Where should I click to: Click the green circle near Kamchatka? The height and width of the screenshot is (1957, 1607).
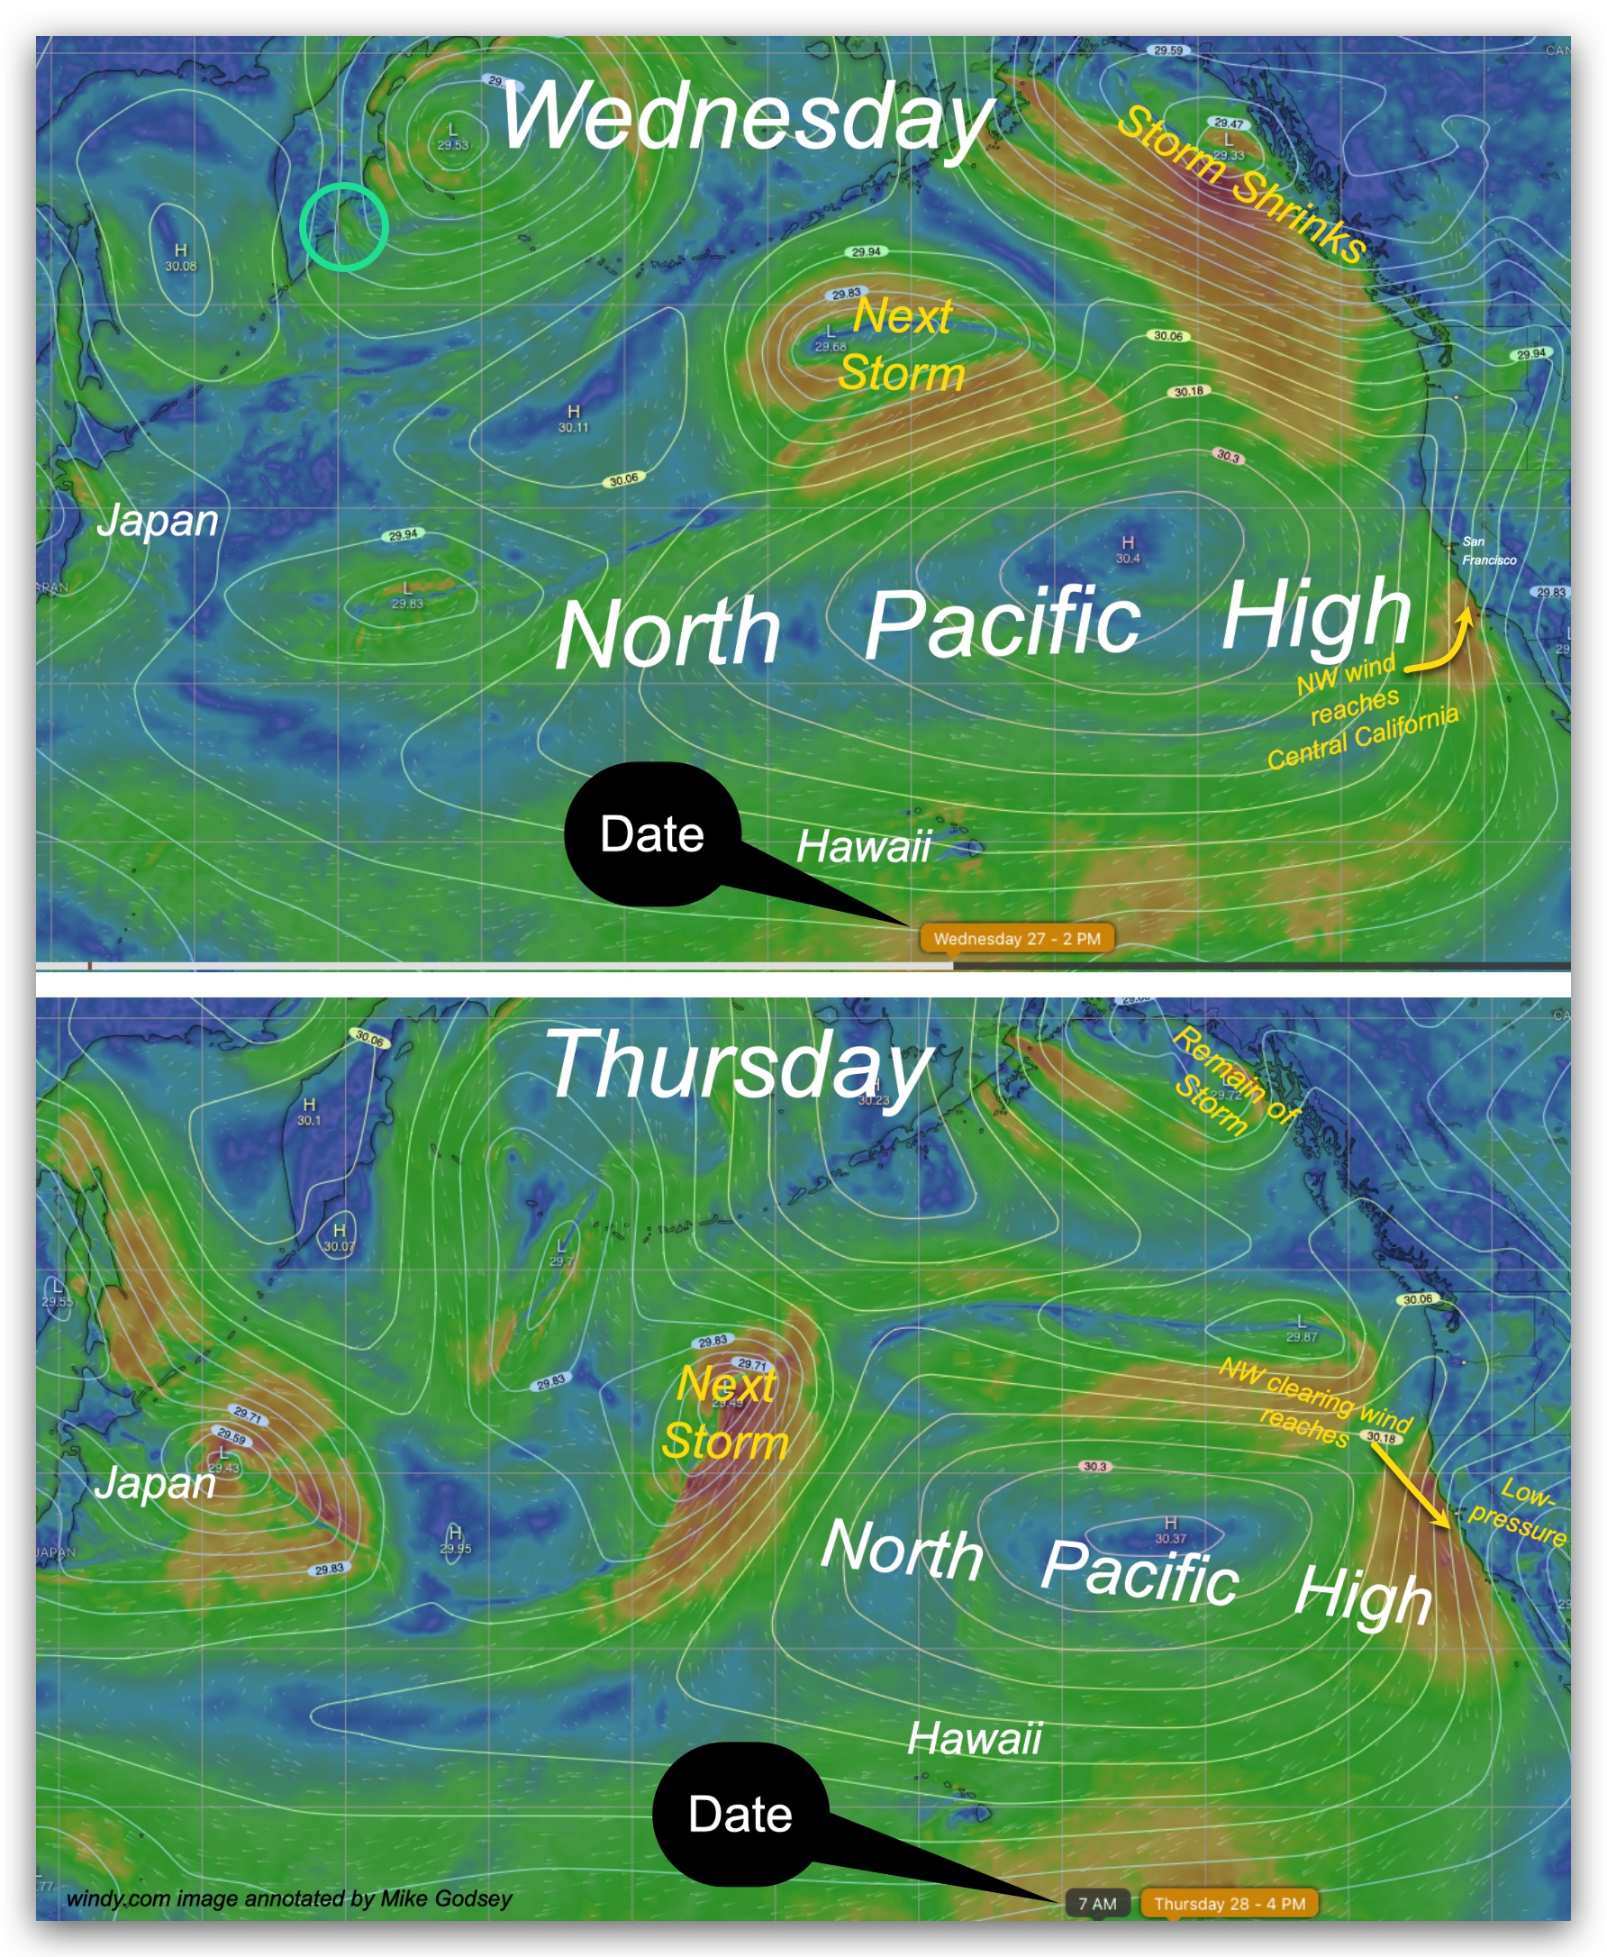click(342, 227)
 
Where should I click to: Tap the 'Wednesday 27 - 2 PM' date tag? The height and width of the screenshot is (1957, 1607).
click(1016, 938)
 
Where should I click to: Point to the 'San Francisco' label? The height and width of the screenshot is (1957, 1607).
click(1487, 551)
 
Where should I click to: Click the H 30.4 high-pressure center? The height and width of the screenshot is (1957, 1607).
click(1128, 548)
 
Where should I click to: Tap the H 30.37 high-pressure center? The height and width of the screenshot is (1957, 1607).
click(1170, 1529)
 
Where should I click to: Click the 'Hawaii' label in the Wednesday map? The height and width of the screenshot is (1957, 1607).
click(863, 846)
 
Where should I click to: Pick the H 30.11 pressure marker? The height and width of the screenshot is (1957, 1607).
click(573, 418)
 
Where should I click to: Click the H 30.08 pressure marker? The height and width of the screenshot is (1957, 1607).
click(180, 258)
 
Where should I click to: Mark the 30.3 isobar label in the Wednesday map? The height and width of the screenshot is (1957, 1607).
click(1228, 457)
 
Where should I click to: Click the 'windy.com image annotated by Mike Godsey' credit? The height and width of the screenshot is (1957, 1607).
click(289, 1898)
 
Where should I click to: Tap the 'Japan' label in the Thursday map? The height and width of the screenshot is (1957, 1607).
click(156, 1483)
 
